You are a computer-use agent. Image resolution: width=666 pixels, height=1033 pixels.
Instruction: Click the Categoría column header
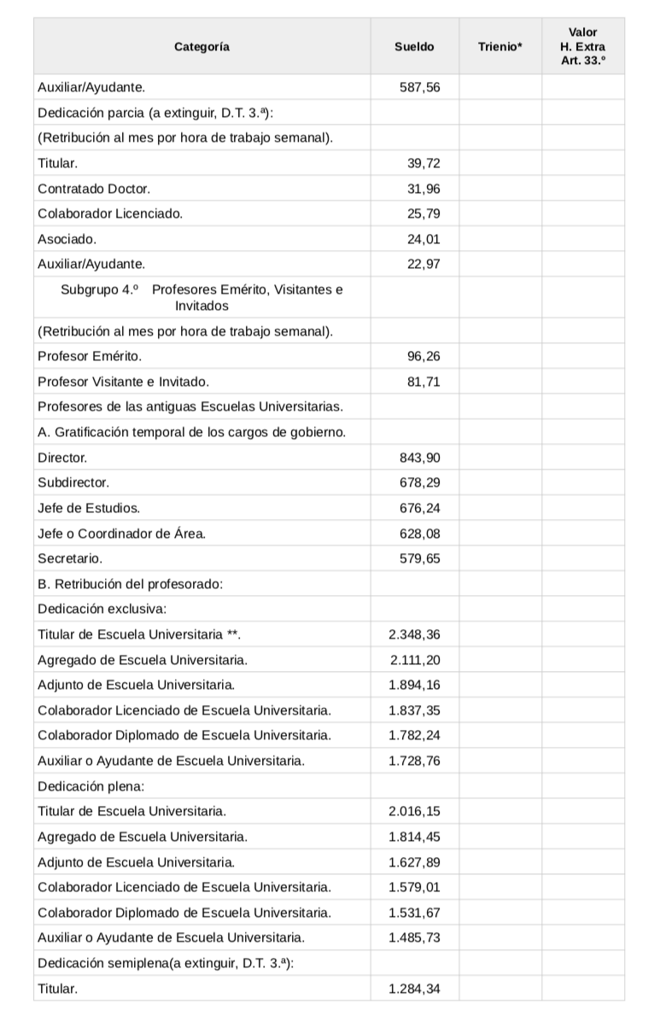click(x=202, y=47)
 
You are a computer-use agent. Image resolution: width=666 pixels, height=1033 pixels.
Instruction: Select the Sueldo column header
click(x=414, y=47)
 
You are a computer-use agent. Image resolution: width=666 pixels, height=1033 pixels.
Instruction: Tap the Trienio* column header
click(x=500, y=47)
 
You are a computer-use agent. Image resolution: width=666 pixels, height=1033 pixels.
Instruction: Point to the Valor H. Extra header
click(x=582, y=47)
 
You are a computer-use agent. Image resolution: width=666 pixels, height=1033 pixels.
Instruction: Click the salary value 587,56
click(x=420, y=87)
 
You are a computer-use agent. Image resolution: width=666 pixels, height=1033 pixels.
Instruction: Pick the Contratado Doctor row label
click(x=94, y=189)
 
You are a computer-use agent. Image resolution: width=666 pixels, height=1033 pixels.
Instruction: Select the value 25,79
click(x=424, y=213)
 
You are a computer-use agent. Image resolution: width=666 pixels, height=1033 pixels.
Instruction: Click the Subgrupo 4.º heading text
click(x=202, y=297)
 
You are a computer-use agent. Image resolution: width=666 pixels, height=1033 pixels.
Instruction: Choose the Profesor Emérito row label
click(x=90, y=355)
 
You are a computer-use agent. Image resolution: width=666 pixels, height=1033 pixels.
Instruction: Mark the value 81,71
click(x=424, y=381)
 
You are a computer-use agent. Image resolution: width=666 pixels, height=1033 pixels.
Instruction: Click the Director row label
click(x=62, y=458)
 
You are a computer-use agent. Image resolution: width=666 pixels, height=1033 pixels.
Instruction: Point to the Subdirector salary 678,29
click(x=420, y=482)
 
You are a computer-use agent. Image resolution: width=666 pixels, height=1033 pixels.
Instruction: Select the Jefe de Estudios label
click(x=89, y=508)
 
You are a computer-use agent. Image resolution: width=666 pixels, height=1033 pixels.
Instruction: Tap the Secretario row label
click(x=70, y=558)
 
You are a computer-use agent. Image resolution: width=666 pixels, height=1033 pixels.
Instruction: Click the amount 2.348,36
click(x=414, y=634)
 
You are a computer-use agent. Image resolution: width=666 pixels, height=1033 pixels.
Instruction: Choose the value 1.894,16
click(x=414, y=685)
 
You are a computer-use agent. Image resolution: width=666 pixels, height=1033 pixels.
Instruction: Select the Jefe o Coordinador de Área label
click(x=122, y=534)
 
